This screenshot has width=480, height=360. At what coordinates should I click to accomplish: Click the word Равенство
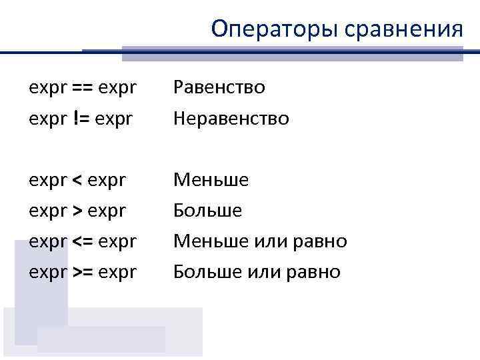click(x=219, y=87)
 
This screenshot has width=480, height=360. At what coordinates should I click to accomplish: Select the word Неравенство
click(x=231, y=119)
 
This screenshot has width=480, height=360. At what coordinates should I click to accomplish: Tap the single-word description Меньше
click(x=211, y=180)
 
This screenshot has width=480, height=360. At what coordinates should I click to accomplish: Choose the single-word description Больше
click(x=207, y=211)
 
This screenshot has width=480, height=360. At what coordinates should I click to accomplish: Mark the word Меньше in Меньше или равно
click(x=211, y=241)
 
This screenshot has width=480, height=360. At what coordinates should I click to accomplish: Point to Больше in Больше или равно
click(x=207, y=272)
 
